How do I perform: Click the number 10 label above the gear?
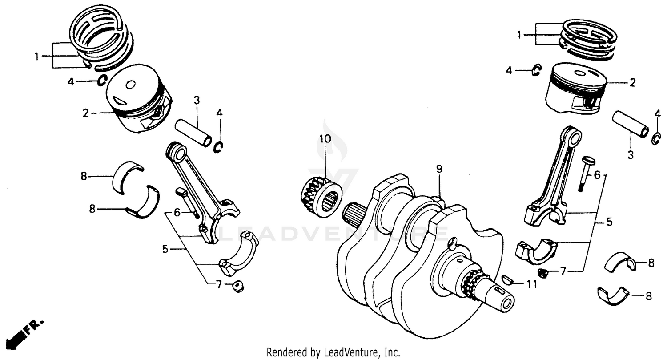click(325, 138)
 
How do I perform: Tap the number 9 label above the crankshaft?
click(439, 169)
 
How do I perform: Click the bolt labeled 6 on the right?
click(583, 173)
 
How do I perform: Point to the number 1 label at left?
click(37, 56)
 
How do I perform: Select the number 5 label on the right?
click(610, 222)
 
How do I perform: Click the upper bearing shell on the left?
click(129, 176)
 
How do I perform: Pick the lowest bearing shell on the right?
click(613, 295)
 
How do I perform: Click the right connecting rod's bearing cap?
click(538, 250)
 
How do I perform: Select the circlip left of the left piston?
click(102, 81)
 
